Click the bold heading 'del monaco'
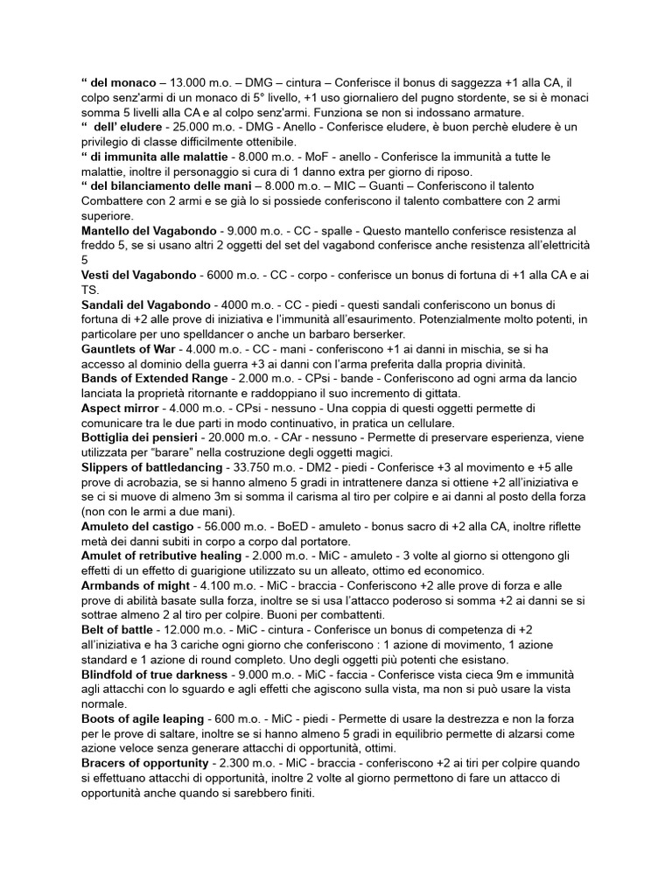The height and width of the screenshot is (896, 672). click(x=123, y=82)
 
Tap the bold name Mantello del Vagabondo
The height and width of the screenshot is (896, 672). click(x=151, y=230)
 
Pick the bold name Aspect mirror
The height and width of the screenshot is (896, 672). click(x=121, y=408)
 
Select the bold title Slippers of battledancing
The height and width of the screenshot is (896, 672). click(x=151, y=467)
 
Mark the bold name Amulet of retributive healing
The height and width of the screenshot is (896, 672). click(x=161, y=556)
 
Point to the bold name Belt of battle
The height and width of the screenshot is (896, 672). click(x=122, y=630)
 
